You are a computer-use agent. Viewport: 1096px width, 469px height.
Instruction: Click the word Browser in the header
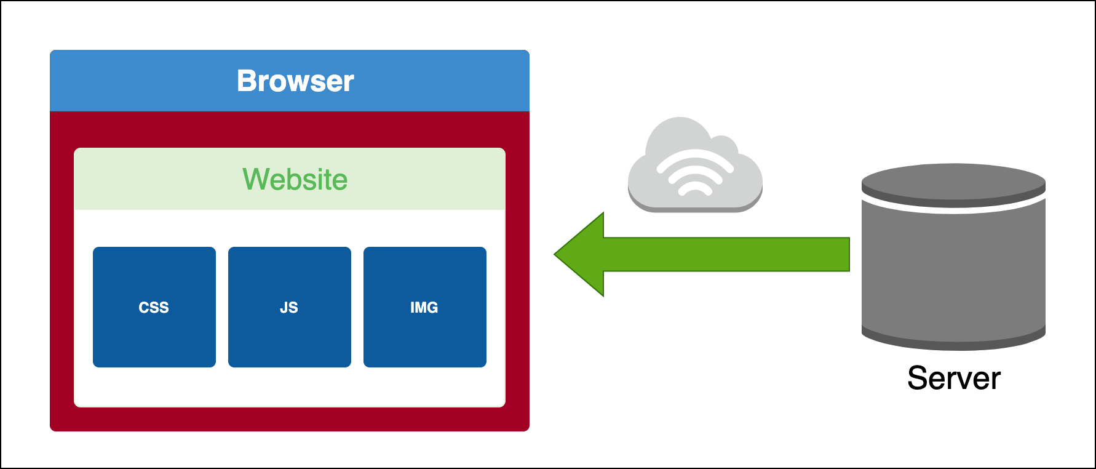(295, 81)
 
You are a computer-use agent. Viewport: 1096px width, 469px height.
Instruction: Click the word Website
(295, 180)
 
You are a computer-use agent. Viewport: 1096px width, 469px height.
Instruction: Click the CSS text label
(154, 307)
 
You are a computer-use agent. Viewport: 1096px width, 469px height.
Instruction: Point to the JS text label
(289, 307)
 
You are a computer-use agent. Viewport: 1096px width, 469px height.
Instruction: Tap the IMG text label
(424, 307)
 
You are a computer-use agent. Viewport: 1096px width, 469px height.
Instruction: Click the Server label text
(954, 378)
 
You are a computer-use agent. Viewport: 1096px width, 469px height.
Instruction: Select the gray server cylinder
(953, 271)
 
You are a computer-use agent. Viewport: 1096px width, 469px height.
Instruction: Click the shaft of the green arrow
(726, 254)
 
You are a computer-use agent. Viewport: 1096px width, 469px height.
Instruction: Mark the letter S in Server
(918, 378)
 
